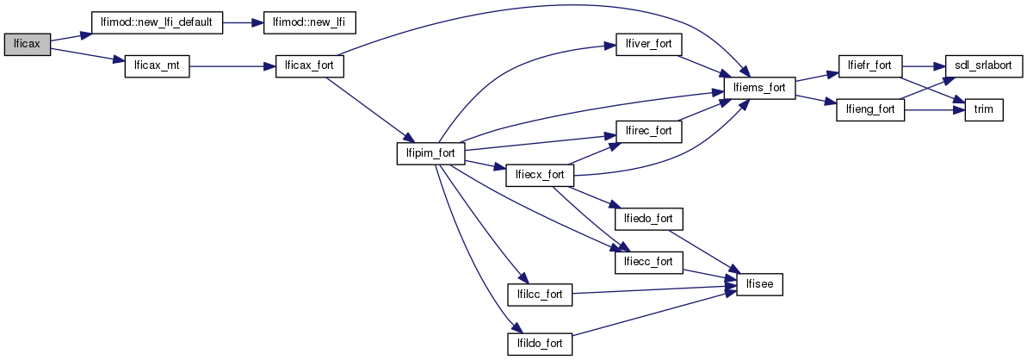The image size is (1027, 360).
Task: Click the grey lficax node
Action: (x=28, y=44)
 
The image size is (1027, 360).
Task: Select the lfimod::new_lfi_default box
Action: (x=158, y=22)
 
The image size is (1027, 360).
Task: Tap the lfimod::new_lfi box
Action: (x=298, y=22)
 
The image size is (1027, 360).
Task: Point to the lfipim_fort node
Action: (x=430, y=153)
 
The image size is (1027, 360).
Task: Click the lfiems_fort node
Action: (x=759, y=88)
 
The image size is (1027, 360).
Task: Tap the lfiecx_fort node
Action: (x=540, y=175)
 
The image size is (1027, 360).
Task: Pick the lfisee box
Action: (x=759, y=283)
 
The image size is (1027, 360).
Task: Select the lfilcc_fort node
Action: (x=540, y=295)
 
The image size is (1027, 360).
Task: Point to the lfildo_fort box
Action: (x=540, y=344)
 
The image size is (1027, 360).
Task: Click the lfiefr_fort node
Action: (x=870, y=66)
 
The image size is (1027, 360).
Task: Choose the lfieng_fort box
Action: (x=870, y=110)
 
